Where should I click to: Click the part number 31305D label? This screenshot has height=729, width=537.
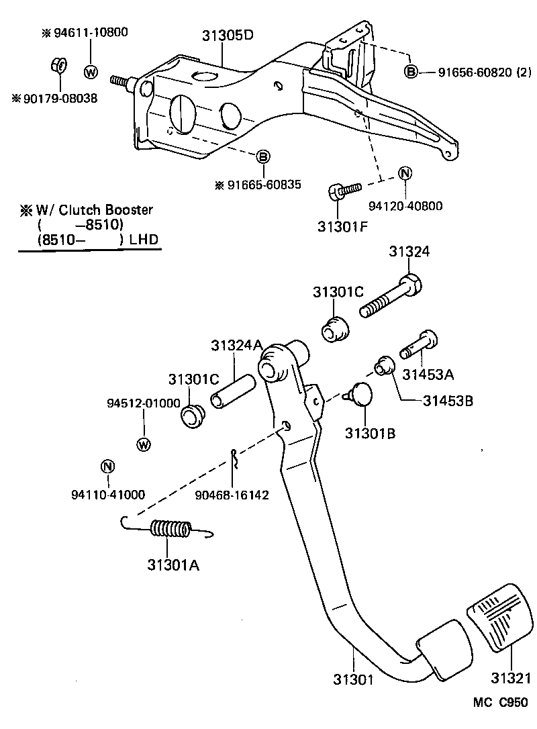[x=228, y=36]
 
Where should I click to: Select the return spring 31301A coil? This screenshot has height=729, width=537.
[x=173, y=530]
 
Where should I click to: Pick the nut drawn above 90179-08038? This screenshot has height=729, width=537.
[x=58, y=66]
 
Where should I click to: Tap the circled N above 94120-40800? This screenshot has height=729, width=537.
[x=405, y=173]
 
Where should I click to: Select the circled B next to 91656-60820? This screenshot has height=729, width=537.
[x=411, y=72]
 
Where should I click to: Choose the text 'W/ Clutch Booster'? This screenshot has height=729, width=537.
[x=94, y=210]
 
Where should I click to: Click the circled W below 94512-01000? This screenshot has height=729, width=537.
[x=144, y=444]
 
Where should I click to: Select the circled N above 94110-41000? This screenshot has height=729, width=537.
[x=107, y=467]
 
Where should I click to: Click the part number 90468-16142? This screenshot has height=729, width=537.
[x=232, y=495]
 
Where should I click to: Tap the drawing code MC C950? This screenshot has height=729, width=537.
[x=501, y=703]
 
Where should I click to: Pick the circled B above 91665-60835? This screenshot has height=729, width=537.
[x=263, y=156]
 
